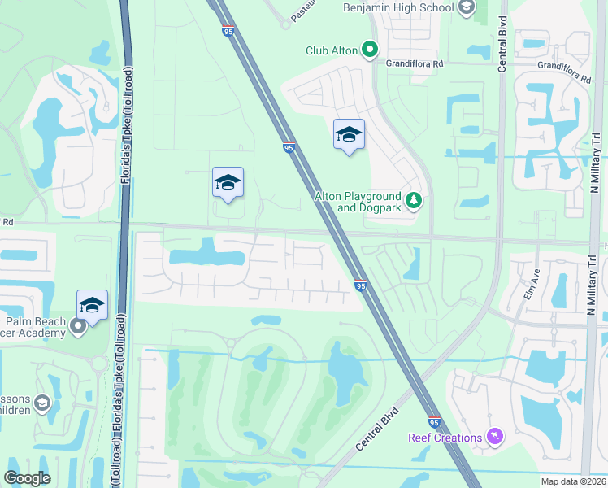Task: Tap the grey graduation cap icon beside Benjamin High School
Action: (466, 8)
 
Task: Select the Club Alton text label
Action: (331, 50)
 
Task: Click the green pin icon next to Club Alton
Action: (370, 50)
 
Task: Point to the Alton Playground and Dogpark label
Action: (358, 202)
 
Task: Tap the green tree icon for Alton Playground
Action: (414, 200)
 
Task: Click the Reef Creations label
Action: (445, 438)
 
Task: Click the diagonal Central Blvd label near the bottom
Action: (378, 429)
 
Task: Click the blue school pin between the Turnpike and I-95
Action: (228, 183)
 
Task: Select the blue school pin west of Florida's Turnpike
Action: (93, 305)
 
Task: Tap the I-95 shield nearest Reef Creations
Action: (434, 423)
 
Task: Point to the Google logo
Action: (27, 477)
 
